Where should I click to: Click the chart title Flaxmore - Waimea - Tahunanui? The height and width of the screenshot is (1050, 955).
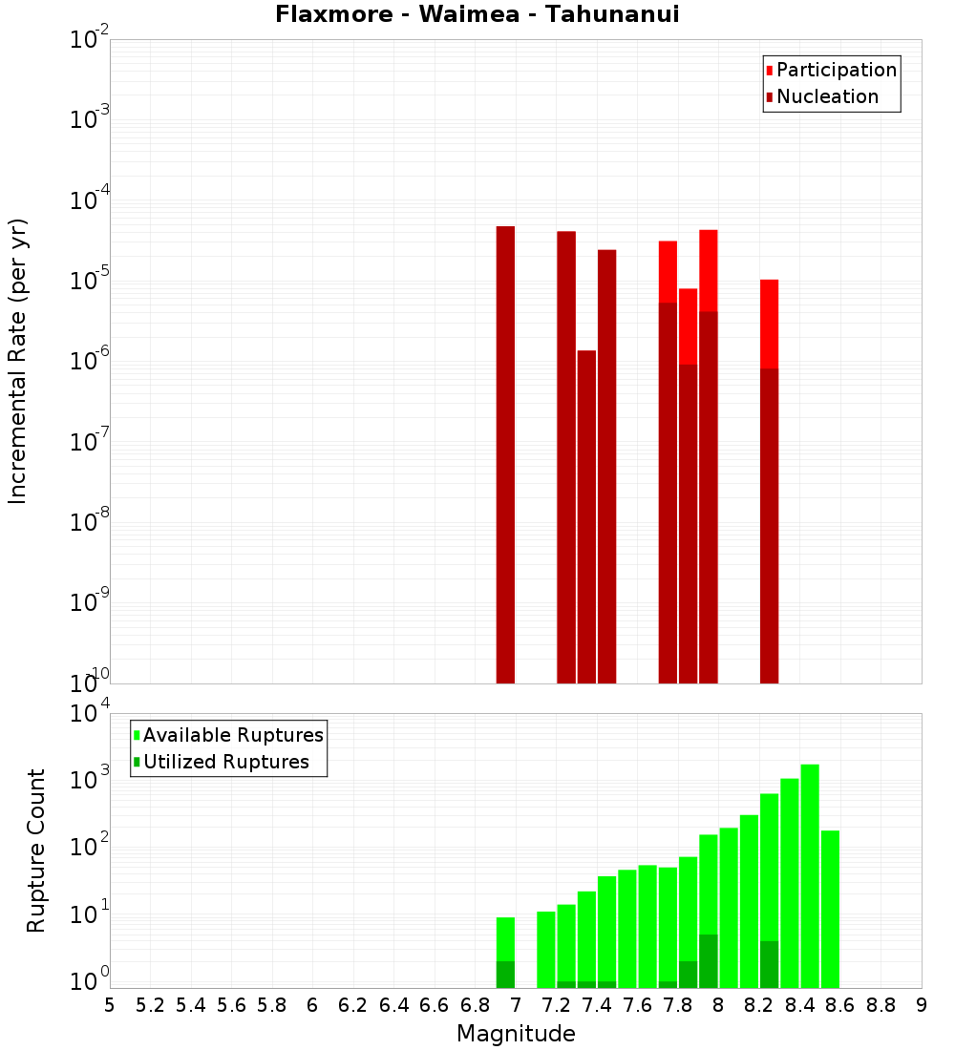[x=477, y=14]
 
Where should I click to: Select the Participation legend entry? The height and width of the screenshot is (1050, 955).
[x=837, y=70]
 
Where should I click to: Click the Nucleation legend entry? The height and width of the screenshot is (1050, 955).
[x=827, y=96]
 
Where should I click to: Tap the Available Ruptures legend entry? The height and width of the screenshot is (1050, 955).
[x=233, y=735]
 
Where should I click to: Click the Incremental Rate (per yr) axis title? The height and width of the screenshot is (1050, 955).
[x=18, y=361]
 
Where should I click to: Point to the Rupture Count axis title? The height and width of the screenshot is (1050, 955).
[x=36, y=850]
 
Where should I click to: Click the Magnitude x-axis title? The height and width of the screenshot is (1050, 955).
[x=516, y=1034]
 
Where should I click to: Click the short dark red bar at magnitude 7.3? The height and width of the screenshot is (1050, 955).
[x=586, y=515]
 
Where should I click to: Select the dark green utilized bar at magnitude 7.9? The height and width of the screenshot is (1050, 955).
[x=708, y=961]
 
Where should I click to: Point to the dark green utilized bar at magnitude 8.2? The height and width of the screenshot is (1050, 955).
[x=769, y=964]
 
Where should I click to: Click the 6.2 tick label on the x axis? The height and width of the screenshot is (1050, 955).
[x=352, y=1005]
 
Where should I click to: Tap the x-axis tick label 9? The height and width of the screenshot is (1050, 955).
[x=922, y=1005]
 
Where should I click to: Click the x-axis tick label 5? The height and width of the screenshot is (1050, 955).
[x=110, y=1005]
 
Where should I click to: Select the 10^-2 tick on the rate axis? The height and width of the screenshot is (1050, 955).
[x=90, y=41]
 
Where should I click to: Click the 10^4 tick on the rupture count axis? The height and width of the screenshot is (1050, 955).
[x=92, y=714]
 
